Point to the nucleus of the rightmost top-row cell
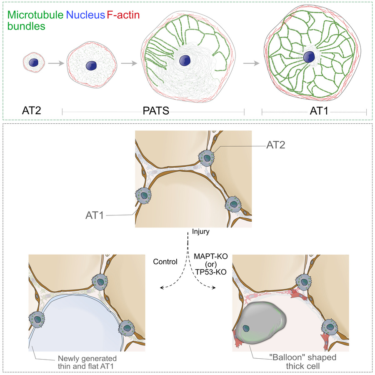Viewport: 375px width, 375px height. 309,57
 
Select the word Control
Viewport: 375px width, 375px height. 165,262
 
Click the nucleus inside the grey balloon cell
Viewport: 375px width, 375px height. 247,329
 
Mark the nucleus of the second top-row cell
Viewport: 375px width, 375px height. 92,66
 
